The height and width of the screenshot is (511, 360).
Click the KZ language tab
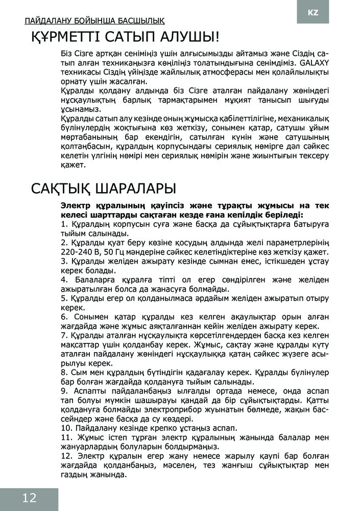click(313, 12)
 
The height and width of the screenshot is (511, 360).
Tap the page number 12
click(29, 498)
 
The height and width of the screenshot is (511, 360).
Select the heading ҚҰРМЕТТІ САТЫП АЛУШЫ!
click(125, 37)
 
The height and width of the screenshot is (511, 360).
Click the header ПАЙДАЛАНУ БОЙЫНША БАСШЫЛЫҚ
click(94, 21)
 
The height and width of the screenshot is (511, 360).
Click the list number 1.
click(63, 225)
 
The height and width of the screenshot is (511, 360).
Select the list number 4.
click(63, 280)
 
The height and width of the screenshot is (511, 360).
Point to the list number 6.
click(63, 317)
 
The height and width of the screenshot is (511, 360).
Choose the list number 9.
click(63, 390)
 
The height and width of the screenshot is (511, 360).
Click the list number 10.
click(65, 427)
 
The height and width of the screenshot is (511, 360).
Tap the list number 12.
click(65, 455)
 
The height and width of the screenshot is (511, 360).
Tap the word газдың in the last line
click(74, 473)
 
